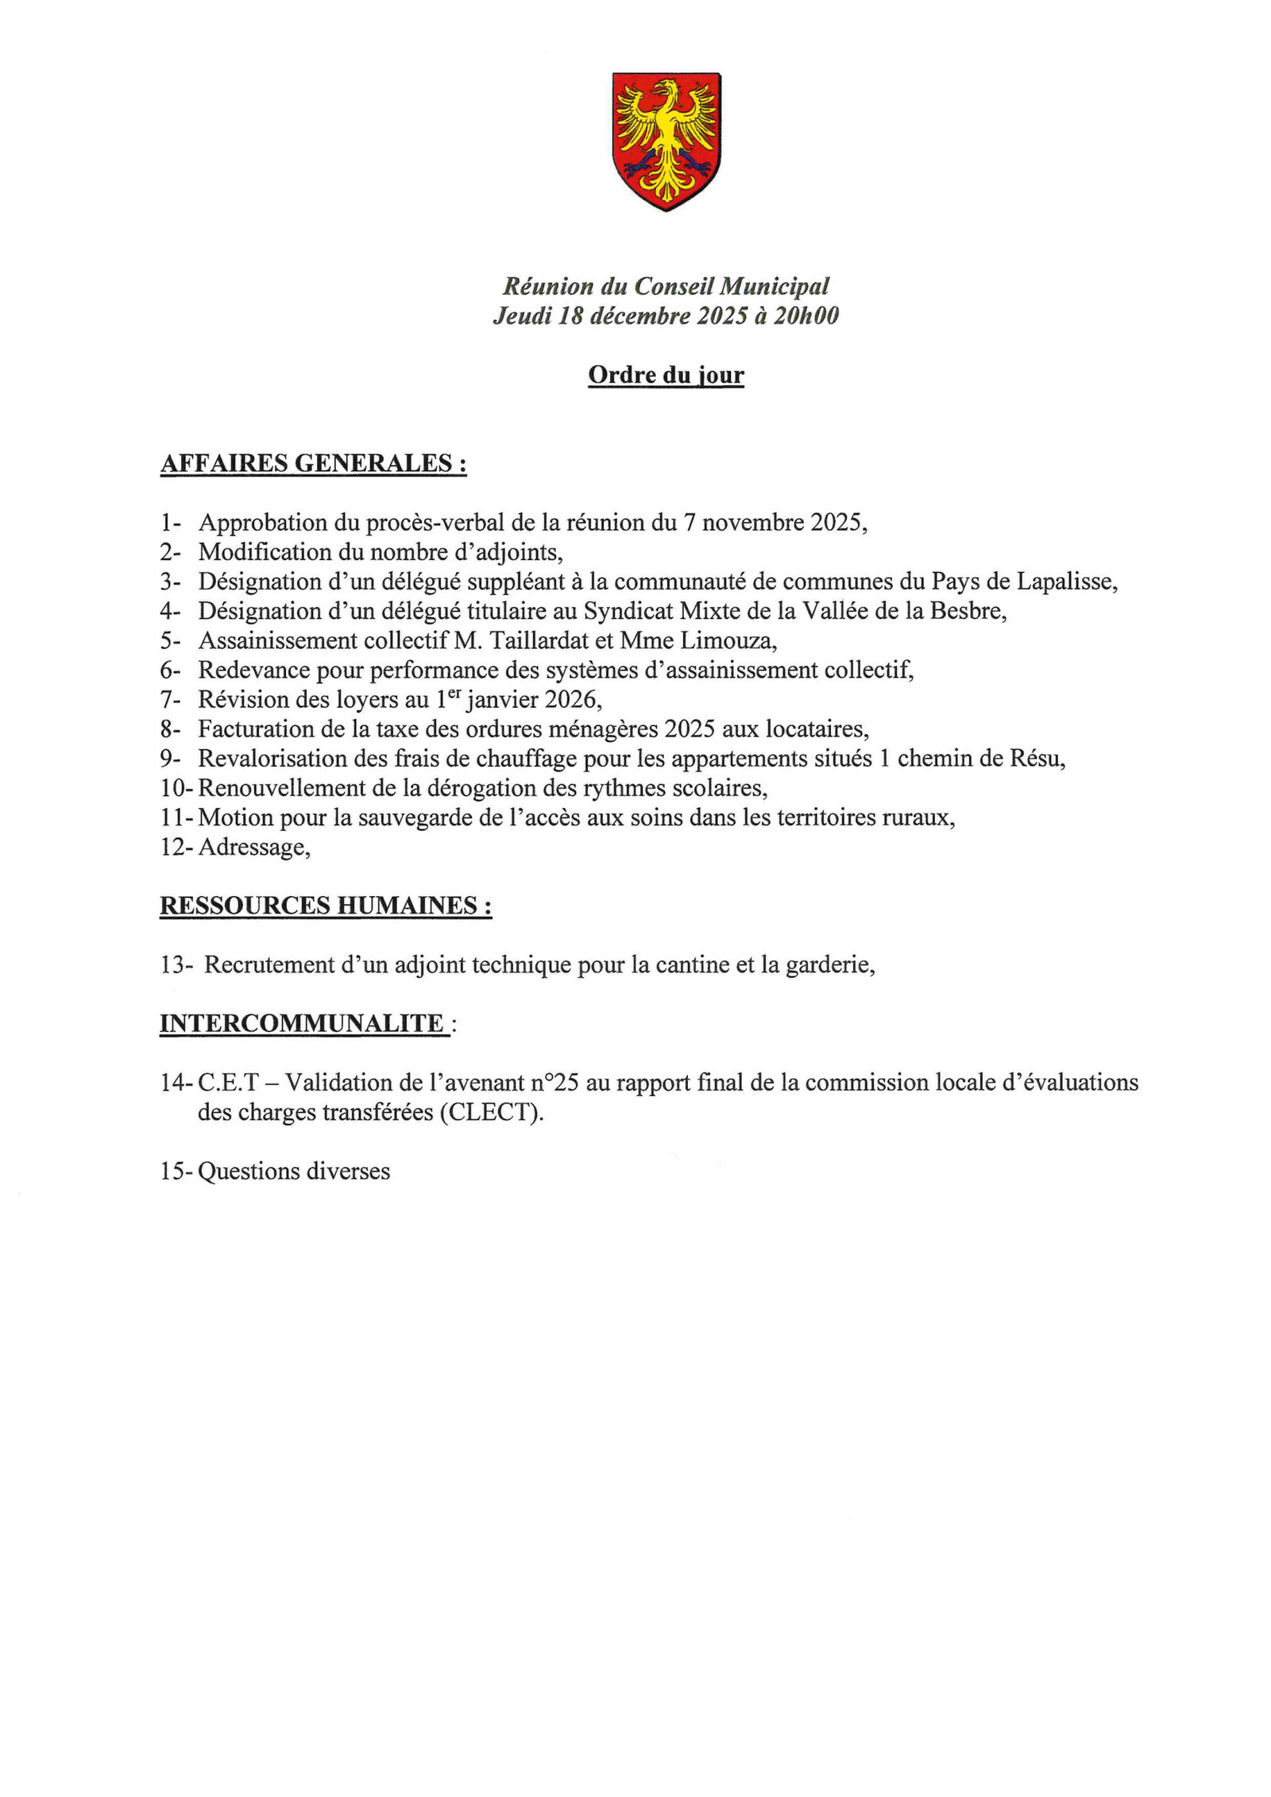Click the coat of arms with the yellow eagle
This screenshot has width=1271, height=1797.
click(x=666, y=141)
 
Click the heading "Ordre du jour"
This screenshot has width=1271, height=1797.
click(x=666, y=375)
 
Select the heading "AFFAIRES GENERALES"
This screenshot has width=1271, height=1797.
click(x=313, y=463)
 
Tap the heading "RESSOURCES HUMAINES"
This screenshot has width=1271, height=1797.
click(x=326, y=906)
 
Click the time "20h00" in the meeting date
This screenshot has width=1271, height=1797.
click(x=806, y=316)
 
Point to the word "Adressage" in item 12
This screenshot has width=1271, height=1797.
click(x=253, y=848)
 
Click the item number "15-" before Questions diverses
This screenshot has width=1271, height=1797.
click(x=176, y=1172)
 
